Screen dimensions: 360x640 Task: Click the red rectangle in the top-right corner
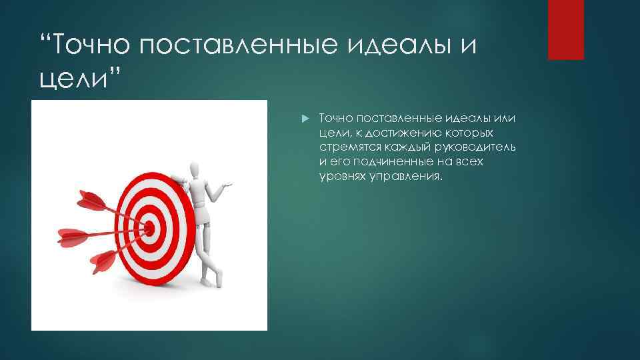pyautogui.click(x=565, y=29)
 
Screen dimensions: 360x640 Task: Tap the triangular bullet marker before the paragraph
pyautogui.click(x=304, y=119)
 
